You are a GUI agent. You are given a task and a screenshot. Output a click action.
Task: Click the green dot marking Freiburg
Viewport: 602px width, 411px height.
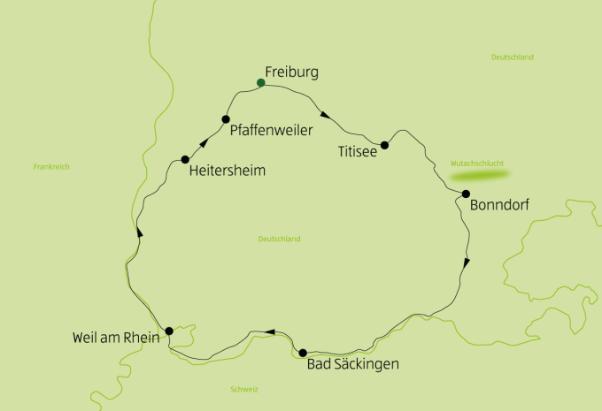pyautogui.click(x=260, y=83)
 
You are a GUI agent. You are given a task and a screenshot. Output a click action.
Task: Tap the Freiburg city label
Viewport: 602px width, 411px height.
pyautogui.click(x=291, y=72)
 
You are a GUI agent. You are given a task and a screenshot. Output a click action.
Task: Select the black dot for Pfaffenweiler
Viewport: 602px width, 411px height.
pyautogui.click(x=226, y=119)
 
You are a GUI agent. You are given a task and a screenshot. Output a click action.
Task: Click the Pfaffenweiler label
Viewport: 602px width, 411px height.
pyautogui.click(x=271, y=131)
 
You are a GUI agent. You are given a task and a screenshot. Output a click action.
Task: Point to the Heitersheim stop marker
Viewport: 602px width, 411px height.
pyautogui.click(x=185, y=160)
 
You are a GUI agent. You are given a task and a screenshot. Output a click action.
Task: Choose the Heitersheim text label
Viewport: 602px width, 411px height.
pyautogui.click(x=227, y=171)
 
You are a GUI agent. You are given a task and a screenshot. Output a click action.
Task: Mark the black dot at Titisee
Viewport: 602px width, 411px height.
pyautogui.click(x=384, y=145)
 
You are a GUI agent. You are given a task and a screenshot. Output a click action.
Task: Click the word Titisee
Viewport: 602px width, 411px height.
pyautogui.click(x=358, y=152)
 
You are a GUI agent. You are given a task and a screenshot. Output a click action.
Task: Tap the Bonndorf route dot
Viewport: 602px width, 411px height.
pyautogui.click(x=466, y=194)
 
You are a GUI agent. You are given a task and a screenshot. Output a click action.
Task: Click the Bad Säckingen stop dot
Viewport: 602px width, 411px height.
pyautogui.click(x=303, y=353)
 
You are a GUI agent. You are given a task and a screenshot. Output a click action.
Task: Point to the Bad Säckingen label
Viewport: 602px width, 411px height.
pyautogui.click(x=352, y=364)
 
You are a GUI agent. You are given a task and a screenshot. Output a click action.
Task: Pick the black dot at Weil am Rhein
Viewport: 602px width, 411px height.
pyautogui.click(x=169, y=331)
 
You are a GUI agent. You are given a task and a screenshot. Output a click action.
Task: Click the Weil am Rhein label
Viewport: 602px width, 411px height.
pyautogui.click(x=117, y=338)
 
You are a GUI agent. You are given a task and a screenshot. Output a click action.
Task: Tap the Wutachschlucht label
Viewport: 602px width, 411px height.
pyautogui.click(x=478, y=164)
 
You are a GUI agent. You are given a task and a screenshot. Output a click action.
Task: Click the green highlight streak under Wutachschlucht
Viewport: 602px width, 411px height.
pyautogui.click(x=482, y=175)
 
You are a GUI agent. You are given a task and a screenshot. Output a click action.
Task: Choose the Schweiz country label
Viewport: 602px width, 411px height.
pyautogui.click(x=243, y=390)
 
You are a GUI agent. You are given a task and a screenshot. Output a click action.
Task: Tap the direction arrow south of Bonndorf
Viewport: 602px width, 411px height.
pyautogui.click(x=467, y=262)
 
